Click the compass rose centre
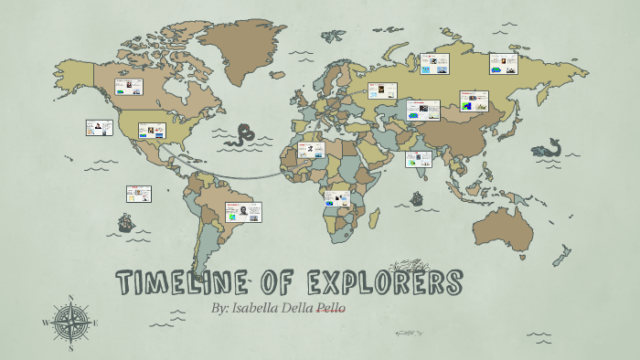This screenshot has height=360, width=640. (x=71, y=323)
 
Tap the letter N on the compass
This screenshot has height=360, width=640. (x=71, y=298)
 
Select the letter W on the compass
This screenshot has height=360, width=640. (x=46, y=323)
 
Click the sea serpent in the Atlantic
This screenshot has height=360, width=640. (x=243, y=136)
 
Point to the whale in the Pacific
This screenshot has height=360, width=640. (x=548, y=148)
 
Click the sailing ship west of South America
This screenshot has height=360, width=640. (x=125, y=222)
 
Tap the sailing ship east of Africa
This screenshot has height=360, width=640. (x=417, y=197)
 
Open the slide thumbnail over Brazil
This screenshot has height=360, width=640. (x=242, y=212)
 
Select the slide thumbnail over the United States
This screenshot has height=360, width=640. (x=152, y=131)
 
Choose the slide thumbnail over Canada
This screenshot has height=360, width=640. (x=129, y=88)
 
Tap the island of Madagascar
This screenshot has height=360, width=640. (x=374, y=218)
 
